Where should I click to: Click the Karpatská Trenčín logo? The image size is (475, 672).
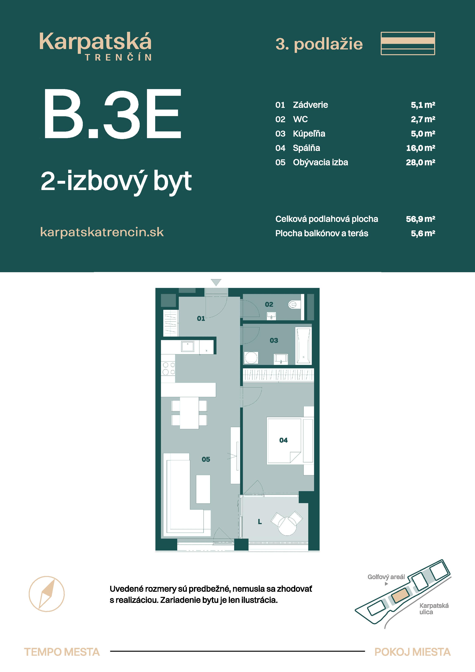pyautogui.click(x=95, y=46)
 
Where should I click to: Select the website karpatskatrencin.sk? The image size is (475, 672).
pyautogui.click(x=102, y=232)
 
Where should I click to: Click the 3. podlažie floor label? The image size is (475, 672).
pyautogui.click(x=319, y=44)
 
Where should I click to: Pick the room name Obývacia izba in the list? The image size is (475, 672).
pyautogui.click(x=321, y=162)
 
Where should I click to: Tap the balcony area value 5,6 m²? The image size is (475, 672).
pyautogui.click(x=423, y=233)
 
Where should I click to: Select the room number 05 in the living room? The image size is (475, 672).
pyautogui.click(x=206, y=459)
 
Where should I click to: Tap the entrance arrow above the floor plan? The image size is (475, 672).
pyautogui.click(x=216, y=282)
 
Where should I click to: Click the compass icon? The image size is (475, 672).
pyautogui.click(x=47, y=594)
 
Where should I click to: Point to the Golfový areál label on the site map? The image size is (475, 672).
pyautogui.click(x=386, y=577)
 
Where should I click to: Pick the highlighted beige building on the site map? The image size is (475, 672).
pyautogui.click(x=402, y=595)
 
